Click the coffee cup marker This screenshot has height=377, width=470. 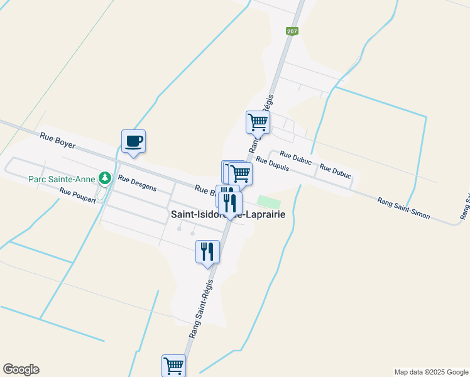pos(133,141)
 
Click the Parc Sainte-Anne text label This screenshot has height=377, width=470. pos(62,178)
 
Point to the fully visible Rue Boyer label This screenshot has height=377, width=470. pos(57,140)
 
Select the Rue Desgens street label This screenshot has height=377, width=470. pos(137,183)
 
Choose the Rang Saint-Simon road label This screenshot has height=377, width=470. pos(403,209)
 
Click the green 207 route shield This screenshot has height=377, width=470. pos(292,31)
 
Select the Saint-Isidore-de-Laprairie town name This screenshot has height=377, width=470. pos(228,214)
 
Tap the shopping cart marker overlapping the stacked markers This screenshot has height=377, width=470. pos(240,173)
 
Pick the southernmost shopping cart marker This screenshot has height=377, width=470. pos(173,365)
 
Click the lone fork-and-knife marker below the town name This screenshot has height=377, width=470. pos(208,252)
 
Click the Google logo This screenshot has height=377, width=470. pos(21,369)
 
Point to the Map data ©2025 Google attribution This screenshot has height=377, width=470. pos(431,372)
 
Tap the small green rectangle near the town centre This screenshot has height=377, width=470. pos(269,202)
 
